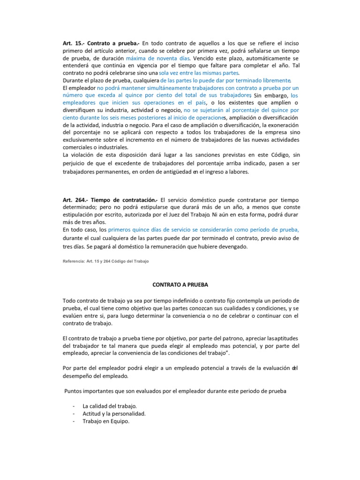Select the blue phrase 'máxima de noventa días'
pyautogui.click(x=157, y=58)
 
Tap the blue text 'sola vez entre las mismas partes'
pyautogui.click(x=199, y=73)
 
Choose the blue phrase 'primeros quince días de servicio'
pyautogui.click(x=157, y=230)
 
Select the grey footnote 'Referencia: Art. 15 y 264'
pyautogui.click(x=105, y=261)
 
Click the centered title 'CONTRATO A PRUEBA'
pyautogui.click(x=180, y=285)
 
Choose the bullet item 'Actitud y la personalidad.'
pyautogui.click(x=114, y=413)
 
